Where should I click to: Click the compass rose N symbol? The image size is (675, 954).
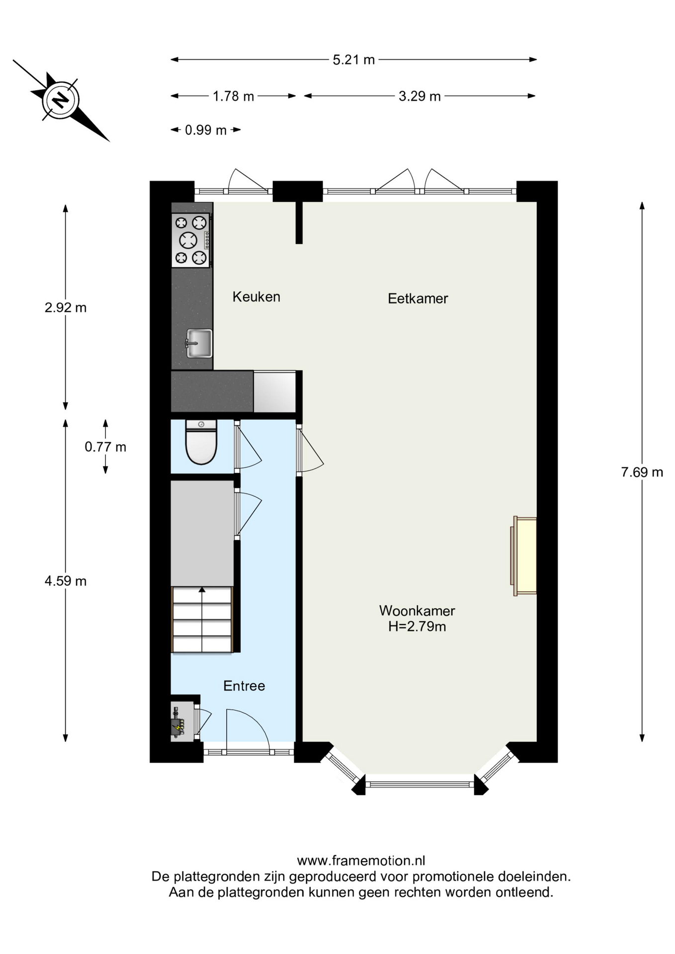pos(61,99)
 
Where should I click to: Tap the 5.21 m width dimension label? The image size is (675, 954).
pos(353,60)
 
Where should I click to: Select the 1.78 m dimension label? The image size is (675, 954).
pos(233,96)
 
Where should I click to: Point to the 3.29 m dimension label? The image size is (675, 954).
pos(420,96)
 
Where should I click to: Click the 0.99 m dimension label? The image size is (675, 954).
pos(206,130)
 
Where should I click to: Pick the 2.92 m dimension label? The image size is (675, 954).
pos(66,308)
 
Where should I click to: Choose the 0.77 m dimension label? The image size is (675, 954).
pos(105,447)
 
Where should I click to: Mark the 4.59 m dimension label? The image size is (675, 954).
pos(66,581)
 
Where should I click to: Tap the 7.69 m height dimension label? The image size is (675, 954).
pos(642,473)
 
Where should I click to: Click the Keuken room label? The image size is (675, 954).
pos(256,297)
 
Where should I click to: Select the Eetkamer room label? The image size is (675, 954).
pos(418,299)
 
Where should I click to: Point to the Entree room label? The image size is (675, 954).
pos(244,686)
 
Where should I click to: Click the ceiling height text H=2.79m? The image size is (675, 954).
pos(417,627)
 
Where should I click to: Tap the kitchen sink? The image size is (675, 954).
pos(199,343)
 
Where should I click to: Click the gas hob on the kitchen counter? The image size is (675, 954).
pos(191,240)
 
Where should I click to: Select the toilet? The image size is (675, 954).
pos(201,442)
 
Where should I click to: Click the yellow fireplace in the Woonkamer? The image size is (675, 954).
pos(524,556)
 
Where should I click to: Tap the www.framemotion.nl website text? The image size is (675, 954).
pos(361,861)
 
